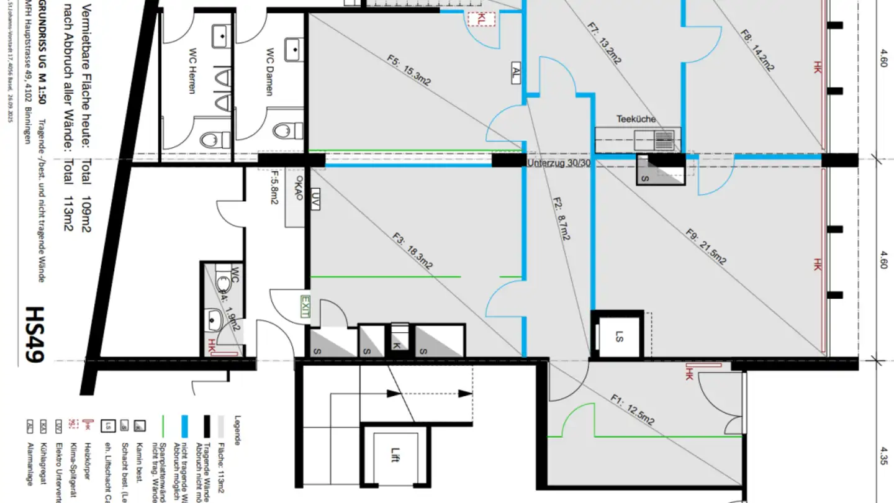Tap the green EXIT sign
pyautogui.click(x=304, y=307)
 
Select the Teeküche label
pyautogui.click(x=636, y=119)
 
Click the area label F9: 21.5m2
pyautogui.click(x=705, y=247)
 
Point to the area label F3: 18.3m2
pyautogui.click(x=412, y=250)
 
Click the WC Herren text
pyautogui.click(x=191, y=79)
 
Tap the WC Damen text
pyautogui.click(x=270, y=71)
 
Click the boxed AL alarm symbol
pyautogui.click(x=516, y=73)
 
